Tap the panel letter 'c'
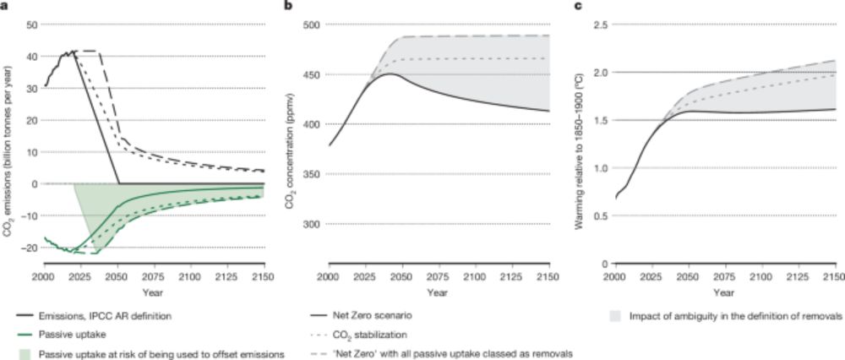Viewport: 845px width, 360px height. [x=577, y=6]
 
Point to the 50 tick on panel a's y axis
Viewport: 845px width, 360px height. [x=32, y=25]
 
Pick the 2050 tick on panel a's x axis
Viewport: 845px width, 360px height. [x=117, y=277]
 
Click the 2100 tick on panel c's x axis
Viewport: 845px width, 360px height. [x=762, y=277]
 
